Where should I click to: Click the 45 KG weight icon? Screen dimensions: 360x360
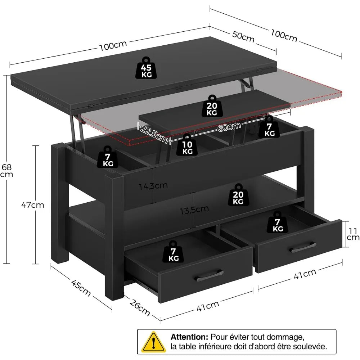147,68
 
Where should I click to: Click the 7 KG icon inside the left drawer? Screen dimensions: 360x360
173,252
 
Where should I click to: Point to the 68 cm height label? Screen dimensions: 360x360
6,171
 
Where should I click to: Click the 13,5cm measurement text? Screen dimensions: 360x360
195,209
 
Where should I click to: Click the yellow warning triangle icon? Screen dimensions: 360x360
154,341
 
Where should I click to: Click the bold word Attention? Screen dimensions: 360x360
189,337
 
